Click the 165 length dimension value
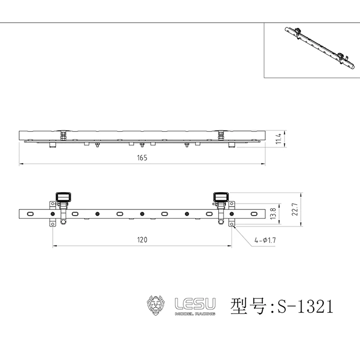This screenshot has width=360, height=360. pyautogui.click(x=143, y=158)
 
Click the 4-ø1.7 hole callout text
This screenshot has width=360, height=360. pyautogui.click(x=265, y=241)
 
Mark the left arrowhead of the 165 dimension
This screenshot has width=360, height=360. pyautogui.click(x=20, y=164)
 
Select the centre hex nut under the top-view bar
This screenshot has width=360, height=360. pyautogui.click(x=142, y=144)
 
